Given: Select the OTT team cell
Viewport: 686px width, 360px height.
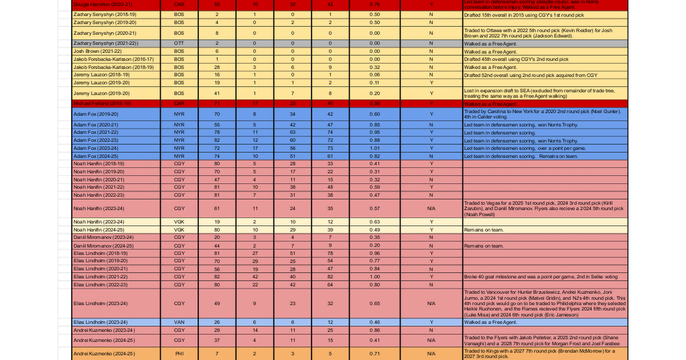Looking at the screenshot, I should (x=179, y=43).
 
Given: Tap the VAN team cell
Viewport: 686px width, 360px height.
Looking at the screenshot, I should (x=179, y=322).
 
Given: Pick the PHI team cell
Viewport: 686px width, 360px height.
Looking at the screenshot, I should (x=179, y=354).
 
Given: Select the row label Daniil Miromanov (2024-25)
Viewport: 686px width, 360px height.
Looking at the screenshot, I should (x=103, y=245).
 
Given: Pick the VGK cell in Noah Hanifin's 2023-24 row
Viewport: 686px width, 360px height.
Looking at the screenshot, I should (x=179, y=222).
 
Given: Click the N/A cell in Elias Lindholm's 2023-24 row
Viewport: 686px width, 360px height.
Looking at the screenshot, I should (x=431, y=303).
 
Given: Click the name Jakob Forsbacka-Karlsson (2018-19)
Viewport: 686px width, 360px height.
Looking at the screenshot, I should (x=114, y=67).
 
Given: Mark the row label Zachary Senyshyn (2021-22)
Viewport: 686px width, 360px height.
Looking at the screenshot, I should (x=106, y=43).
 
